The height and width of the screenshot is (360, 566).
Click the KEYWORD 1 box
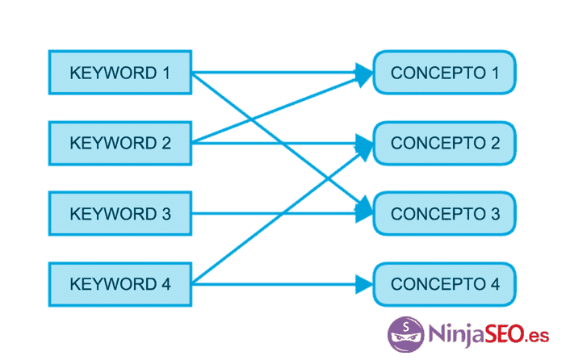[x=119, y=73]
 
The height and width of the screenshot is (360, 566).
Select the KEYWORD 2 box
[x=119, y=144]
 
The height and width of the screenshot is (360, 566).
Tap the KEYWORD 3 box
[x=119, y=214]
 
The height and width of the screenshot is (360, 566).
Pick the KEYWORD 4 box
[x=119, y=284]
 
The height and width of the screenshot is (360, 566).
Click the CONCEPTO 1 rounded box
[x=444, y=73]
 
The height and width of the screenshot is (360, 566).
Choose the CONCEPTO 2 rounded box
[x=444, y=144]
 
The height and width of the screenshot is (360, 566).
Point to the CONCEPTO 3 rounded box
[x=444, y=214]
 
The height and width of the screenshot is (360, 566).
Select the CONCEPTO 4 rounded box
[x=444, y=284]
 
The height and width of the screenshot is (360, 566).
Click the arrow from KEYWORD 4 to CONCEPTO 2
[x=242, y=246]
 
